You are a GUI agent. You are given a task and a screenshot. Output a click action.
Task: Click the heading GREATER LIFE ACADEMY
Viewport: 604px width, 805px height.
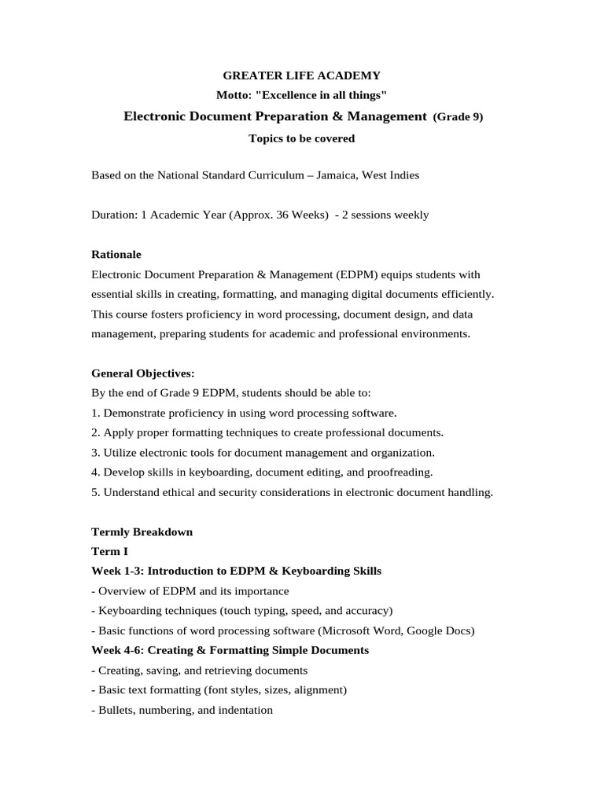click(x=302, y=75)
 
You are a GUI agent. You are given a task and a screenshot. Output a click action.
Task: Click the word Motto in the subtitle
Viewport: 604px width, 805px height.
click(x=232, y=96)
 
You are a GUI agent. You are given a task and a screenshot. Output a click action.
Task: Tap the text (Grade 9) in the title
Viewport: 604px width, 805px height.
click(x=458, y=117)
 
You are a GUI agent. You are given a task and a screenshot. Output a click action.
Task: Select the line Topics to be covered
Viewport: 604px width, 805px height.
click(x=302, y=138)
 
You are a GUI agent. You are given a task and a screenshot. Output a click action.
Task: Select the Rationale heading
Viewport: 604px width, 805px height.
click(x=117, y=255)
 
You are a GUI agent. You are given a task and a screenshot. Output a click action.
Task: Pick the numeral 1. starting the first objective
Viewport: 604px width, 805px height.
click(x=96, y=413)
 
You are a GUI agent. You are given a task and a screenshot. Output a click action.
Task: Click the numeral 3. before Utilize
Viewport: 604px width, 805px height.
click(x=96, y=453)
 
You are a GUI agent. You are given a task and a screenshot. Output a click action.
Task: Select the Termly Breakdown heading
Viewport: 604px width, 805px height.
click(x=142, y=532)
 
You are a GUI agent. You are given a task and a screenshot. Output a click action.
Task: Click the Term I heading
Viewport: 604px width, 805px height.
click(x=109, y=552)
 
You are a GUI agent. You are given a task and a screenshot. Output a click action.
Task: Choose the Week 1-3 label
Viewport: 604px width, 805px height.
click(x=118, y=572)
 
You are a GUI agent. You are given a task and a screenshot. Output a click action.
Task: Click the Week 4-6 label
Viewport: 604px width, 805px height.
click(x=118, y=651)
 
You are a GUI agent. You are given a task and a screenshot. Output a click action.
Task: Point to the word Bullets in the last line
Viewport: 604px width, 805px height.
click(x=114, y=711)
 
